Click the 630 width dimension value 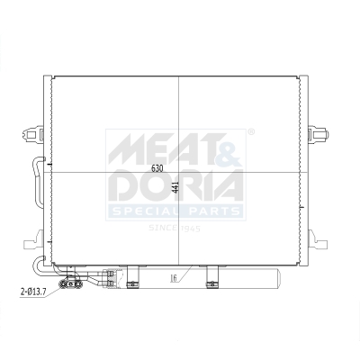point(157,168)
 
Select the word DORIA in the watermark point(175,186)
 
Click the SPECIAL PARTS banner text point(175,211)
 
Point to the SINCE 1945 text point(176,229)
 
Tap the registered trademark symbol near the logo point(251,133)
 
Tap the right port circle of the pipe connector point(71,287)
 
